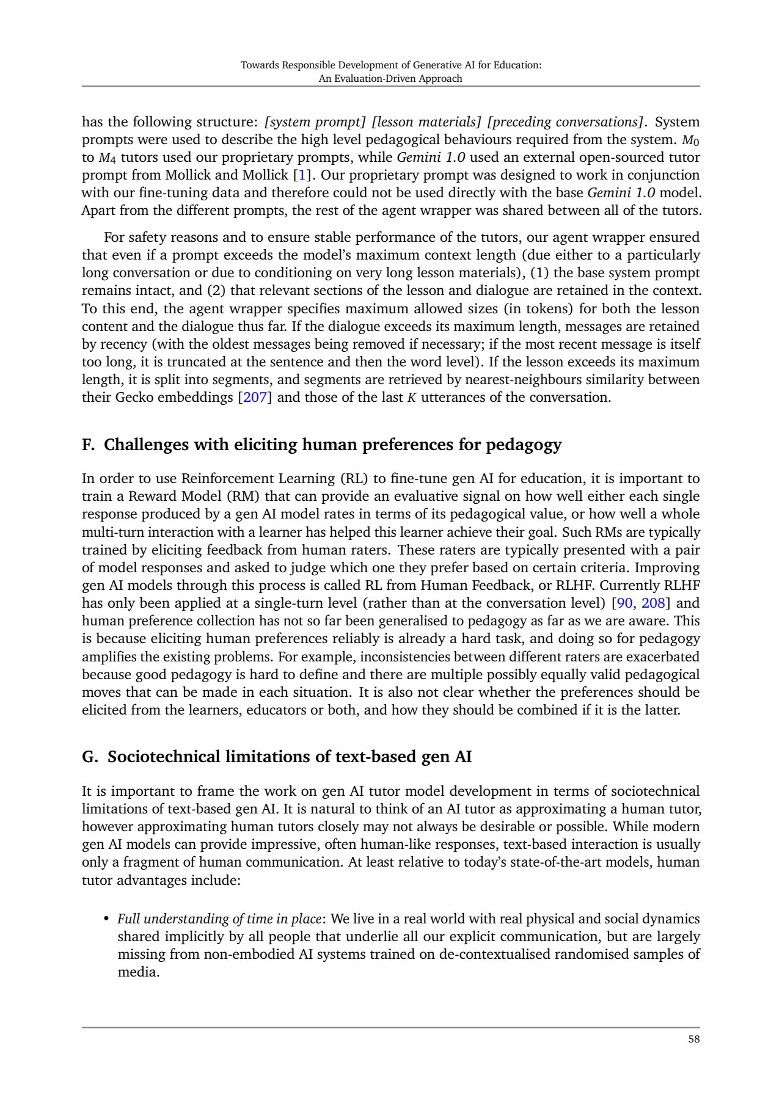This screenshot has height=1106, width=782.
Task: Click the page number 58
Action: tap(693, 1039)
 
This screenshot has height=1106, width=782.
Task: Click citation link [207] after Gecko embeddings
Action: tap(254, 398)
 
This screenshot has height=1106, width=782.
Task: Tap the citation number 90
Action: tap(624, 603)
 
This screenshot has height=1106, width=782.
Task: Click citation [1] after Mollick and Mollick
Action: tap(301, 175)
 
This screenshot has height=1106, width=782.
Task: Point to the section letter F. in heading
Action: tap(89, 445)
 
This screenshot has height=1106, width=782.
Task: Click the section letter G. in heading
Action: tap(90, 757)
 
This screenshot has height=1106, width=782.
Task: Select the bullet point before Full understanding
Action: tap(106, 919)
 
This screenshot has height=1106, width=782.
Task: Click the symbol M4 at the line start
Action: tap(106, 158)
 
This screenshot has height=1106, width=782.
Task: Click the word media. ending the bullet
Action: tap(138, 972)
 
